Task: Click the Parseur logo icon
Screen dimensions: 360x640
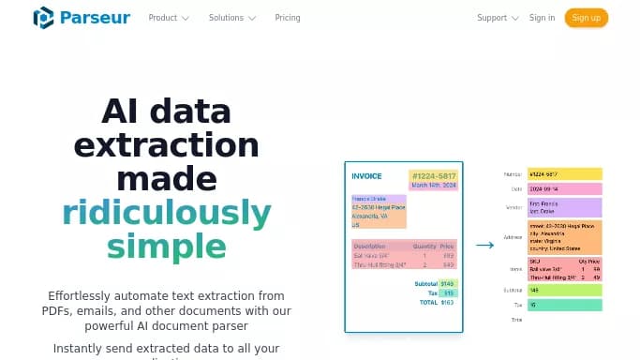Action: coord(44,18)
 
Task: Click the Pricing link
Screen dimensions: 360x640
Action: coord(288,18)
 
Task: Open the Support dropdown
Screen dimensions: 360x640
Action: coord(498,18)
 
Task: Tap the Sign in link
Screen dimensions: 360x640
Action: coord(542,18)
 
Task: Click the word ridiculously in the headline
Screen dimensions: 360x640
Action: coord(167,214)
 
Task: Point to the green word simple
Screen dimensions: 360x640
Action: coord(167,247)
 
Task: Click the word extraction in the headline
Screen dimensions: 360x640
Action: coord(167,145)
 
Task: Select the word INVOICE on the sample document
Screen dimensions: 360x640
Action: coord(366,176)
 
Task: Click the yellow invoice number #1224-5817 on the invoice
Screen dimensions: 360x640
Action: coord(432,175)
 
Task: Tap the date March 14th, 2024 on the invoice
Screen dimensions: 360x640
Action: coord(432,186)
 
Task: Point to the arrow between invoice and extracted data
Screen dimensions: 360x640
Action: coord(484,246)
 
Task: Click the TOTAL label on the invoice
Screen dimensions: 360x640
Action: coord(428,303)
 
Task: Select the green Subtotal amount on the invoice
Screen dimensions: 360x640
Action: coord(448,283)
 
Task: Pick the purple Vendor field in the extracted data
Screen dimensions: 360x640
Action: coord(564,207)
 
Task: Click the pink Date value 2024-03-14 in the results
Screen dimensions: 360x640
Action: coord(564,189)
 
